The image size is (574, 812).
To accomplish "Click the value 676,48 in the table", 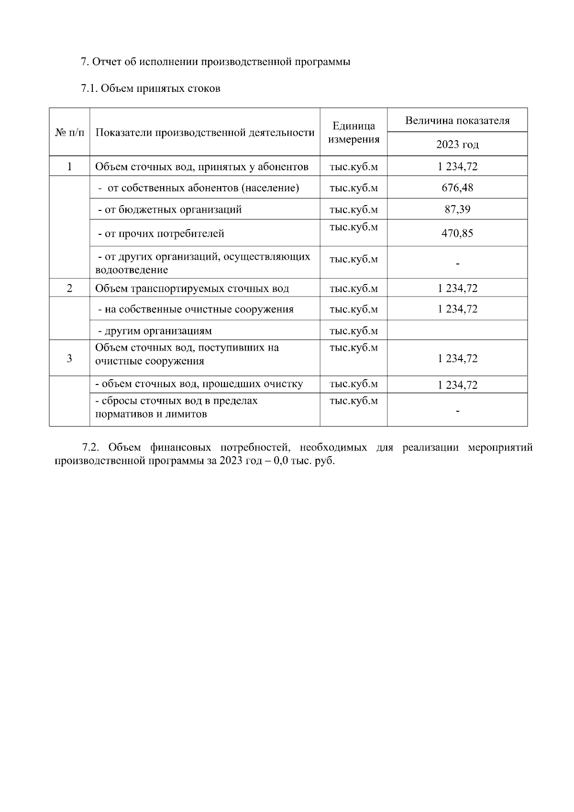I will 457,187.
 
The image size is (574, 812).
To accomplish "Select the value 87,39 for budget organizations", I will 457,209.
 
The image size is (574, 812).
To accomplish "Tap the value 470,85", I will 457,233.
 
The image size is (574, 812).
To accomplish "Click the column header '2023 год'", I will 457,144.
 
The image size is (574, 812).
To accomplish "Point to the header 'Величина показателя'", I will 457,121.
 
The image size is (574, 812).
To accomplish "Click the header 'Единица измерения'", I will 353,132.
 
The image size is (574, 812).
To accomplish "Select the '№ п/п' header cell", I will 69,132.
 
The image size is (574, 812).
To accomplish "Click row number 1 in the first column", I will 69,166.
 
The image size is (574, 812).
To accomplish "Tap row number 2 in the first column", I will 69,288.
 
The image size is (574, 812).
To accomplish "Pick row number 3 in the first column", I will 69,358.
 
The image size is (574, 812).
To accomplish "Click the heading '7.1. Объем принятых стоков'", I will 150,88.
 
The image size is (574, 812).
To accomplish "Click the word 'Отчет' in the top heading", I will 107,62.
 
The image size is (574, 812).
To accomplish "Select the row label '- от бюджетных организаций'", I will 169,209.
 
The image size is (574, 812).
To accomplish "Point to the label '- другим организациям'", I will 155,331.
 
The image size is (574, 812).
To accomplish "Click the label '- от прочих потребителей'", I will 161,233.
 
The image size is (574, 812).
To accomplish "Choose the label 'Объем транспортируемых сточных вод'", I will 192,288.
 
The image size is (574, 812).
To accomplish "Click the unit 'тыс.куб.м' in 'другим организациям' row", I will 353,331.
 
